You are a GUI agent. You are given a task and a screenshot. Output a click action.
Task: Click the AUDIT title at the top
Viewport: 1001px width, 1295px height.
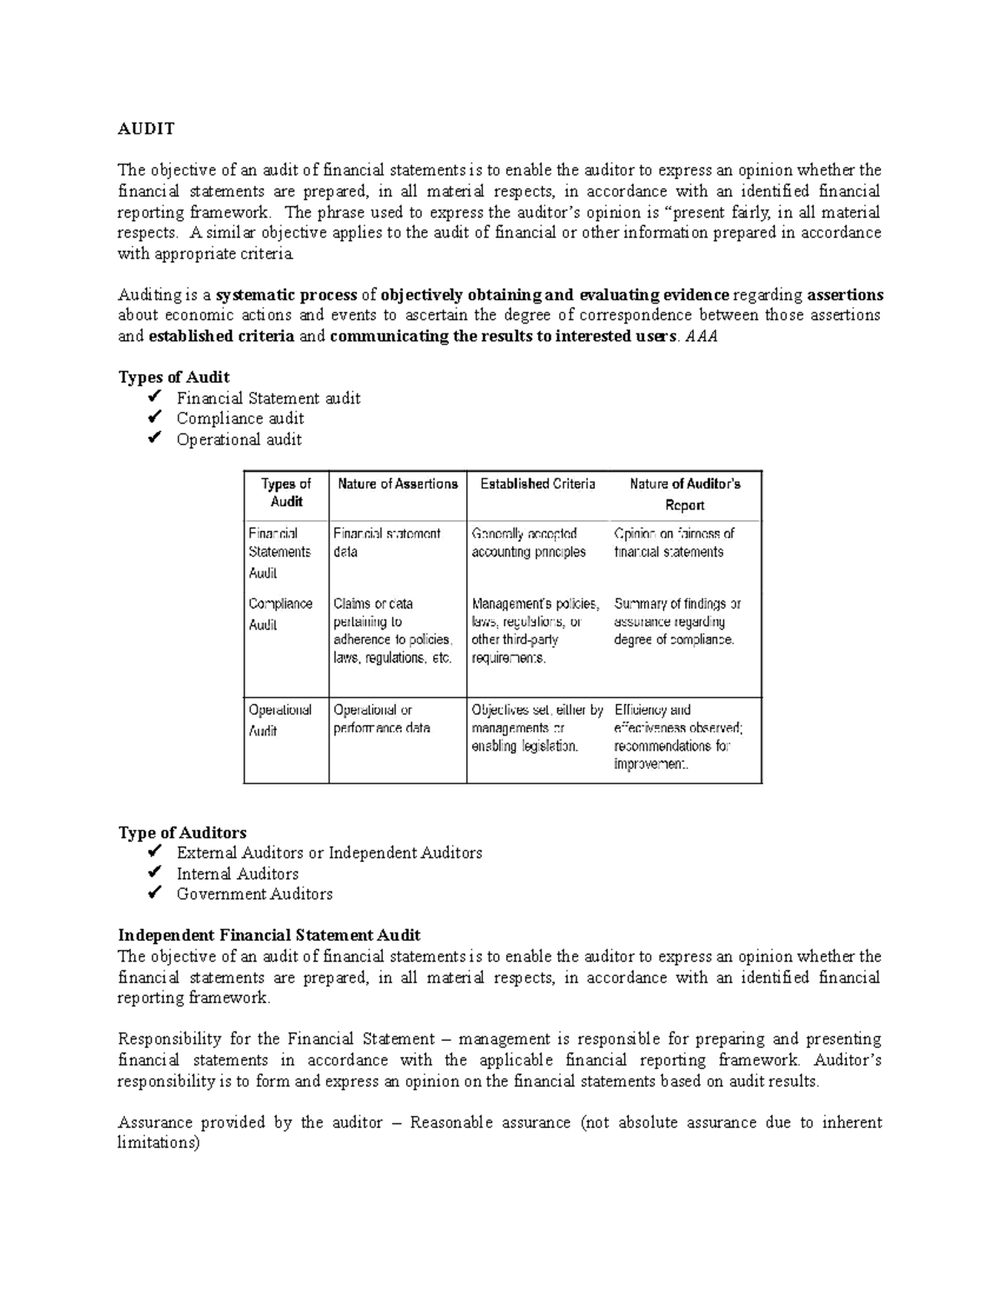pos(146,128)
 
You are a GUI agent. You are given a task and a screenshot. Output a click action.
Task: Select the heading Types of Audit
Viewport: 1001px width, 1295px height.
pos(174,377)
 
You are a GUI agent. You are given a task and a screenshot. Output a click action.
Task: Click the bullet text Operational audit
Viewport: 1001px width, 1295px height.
pos(239,439)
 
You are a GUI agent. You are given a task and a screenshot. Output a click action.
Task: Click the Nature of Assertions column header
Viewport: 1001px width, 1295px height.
pos(397,484)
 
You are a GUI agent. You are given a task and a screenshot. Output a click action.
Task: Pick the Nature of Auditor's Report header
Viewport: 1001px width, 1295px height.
pos(685,494)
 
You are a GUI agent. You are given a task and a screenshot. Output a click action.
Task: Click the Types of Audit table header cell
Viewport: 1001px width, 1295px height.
pos(285,493)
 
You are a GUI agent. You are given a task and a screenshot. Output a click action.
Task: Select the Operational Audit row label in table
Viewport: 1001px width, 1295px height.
pos(279,720)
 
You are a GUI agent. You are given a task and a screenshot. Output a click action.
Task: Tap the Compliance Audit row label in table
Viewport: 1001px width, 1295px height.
pos(280,614)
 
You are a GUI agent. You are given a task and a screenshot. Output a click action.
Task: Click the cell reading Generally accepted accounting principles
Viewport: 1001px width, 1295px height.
pos(528,543)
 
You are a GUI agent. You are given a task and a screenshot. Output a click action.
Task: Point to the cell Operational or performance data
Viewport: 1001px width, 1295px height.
pos(381,719)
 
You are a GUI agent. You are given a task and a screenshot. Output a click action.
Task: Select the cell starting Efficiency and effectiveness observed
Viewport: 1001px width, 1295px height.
pos(678,737)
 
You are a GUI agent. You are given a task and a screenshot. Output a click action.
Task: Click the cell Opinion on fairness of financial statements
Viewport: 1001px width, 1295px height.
pos(674,543)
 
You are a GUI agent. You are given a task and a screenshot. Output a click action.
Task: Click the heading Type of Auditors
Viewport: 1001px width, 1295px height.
pos(182,832)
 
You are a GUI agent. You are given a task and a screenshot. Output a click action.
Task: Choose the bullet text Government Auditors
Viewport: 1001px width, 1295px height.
pos(254,894)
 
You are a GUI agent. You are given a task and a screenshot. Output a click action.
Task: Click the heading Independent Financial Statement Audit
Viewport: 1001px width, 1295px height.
pos(269,935)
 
